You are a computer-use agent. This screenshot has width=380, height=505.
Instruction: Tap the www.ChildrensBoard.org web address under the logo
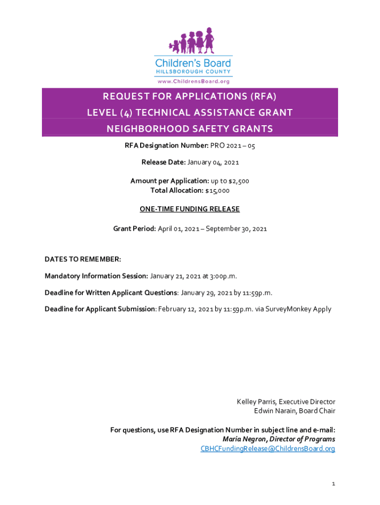192,81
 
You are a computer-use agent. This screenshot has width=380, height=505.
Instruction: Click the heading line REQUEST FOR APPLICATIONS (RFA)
190,96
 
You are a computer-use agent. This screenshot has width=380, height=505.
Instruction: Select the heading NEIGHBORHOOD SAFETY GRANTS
190,129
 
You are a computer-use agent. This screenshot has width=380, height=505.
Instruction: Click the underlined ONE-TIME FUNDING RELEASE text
190,209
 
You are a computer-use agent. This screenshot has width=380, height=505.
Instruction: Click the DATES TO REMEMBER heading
82,259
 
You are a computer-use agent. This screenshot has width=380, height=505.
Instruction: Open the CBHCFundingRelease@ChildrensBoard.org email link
267,449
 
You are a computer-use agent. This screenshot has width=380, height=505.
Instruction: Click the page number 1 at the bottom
334,484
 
